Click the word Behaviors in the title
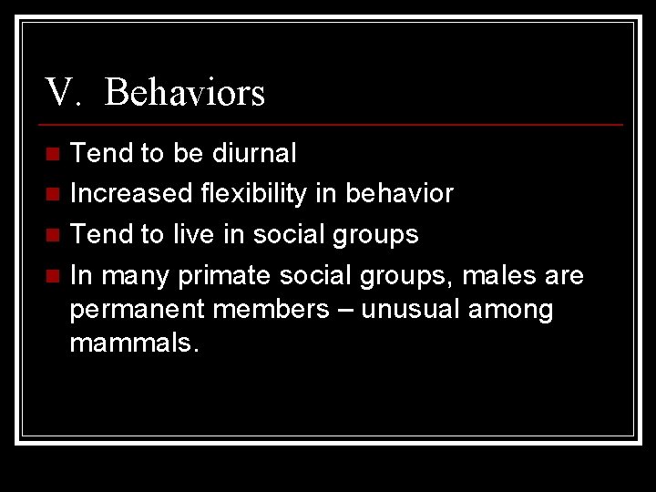[x=184, y=93]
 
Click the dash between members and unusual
[x=347, y=311]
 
